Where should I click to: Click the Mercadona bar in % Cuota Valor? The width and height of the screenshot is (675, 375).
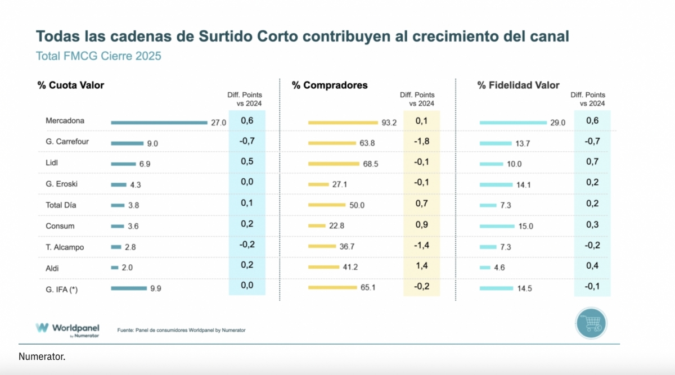click(159, 122)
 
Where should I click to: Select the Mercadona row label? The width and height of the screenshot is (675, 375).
click(65, 121)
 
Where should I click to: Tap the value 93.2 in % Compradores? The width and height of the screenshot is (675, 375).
click(389, 122)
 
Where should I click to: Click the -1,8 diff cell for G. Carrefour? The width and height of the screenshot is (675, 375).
click(422, 141)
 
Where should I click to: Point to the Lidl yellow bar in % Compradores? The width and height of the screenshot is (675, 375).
click(334, 164)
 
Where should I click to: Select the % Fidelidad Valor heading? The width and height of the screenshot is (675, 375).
click(518, 85)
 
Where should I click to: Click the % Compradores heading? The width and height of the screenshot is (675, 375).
click(330, 85)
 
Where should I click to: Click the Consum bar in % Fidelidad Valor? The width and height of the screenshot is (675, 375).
click(497, 226)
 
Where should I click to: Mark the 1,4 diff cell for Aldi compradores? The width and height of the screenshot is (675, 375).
click(422, 265)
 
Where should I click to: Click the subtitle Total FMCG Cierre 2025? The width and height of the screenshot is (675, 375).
click(98, 56)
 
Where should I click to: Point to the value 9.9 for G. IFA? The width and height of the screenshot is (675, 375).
click(155, 288)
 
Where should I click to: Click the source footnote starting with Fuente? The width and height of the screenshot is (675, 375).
click(181, 330)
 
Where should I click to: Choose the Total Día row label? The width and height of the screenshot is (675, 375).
click(61, 205)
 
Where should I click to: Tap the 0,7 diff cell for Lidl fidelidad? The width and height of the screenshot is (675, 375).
click(592, 162)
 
